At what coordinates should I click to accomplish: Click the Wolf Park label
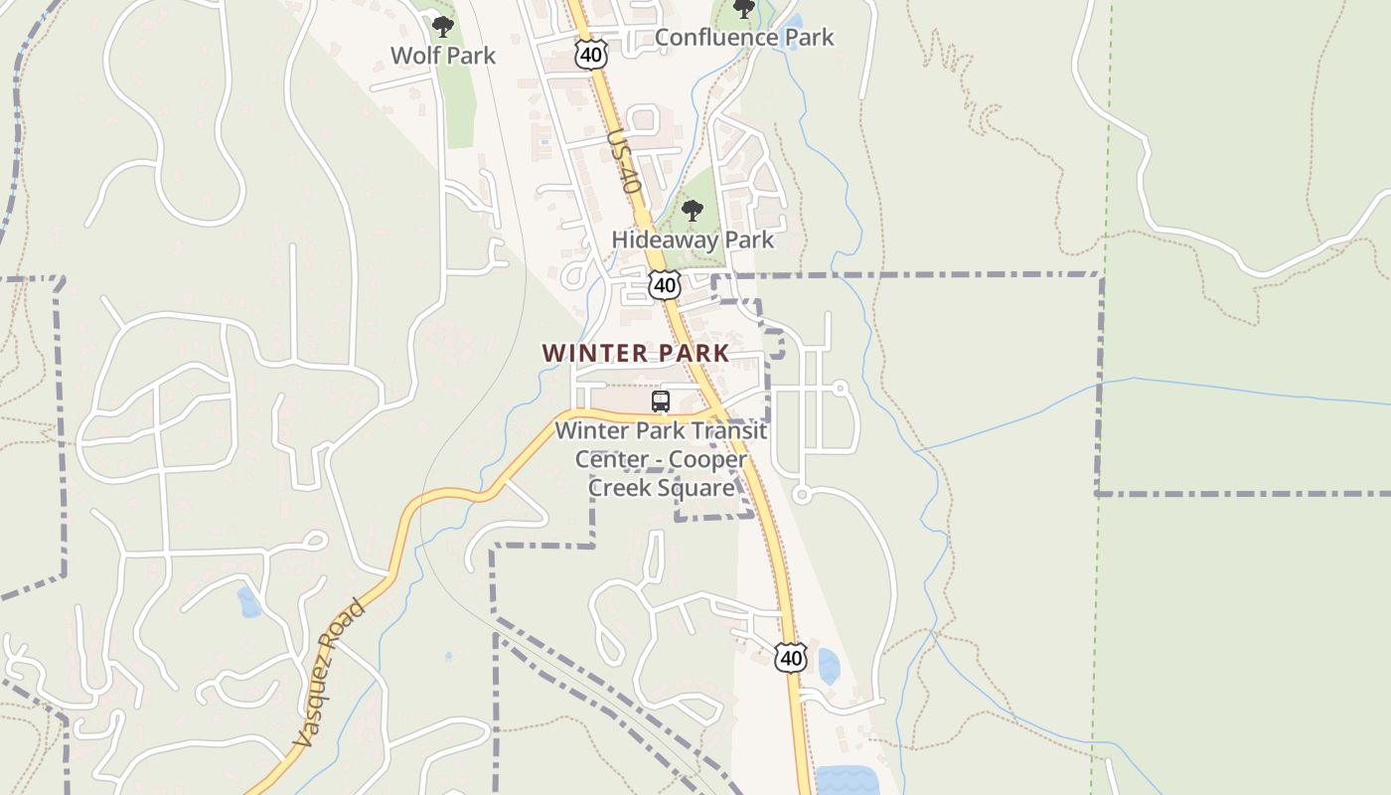[442, 56]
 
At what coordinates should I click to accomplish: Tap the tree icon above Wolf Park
[443, 27]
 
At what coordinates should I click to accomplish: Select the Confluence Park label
[744, 38]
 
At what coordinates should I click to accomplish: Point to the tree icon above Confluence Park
[743, 9]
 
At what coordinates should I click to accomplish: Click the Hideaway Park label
[693, 239]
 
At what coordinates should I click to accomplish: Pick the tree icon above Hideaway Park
[693, 211]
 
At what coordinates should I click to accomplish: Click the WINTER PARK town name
[636, 353]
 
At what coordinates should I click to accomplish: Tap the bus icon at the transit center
[661, 401]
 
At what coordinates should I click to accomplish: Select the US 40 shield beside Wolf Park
[591, 56]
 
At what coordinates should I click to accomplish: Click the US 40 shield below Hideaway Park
[665, 286]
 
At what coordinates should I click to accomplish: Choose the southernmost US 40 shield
[791, 657]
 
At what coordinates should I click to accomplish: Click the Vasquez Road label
[330, 673]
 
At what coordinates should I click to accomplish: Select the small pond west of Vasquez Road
[248, 601]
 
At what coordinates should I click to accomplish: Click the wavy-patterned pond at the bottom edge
[848, 780]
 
